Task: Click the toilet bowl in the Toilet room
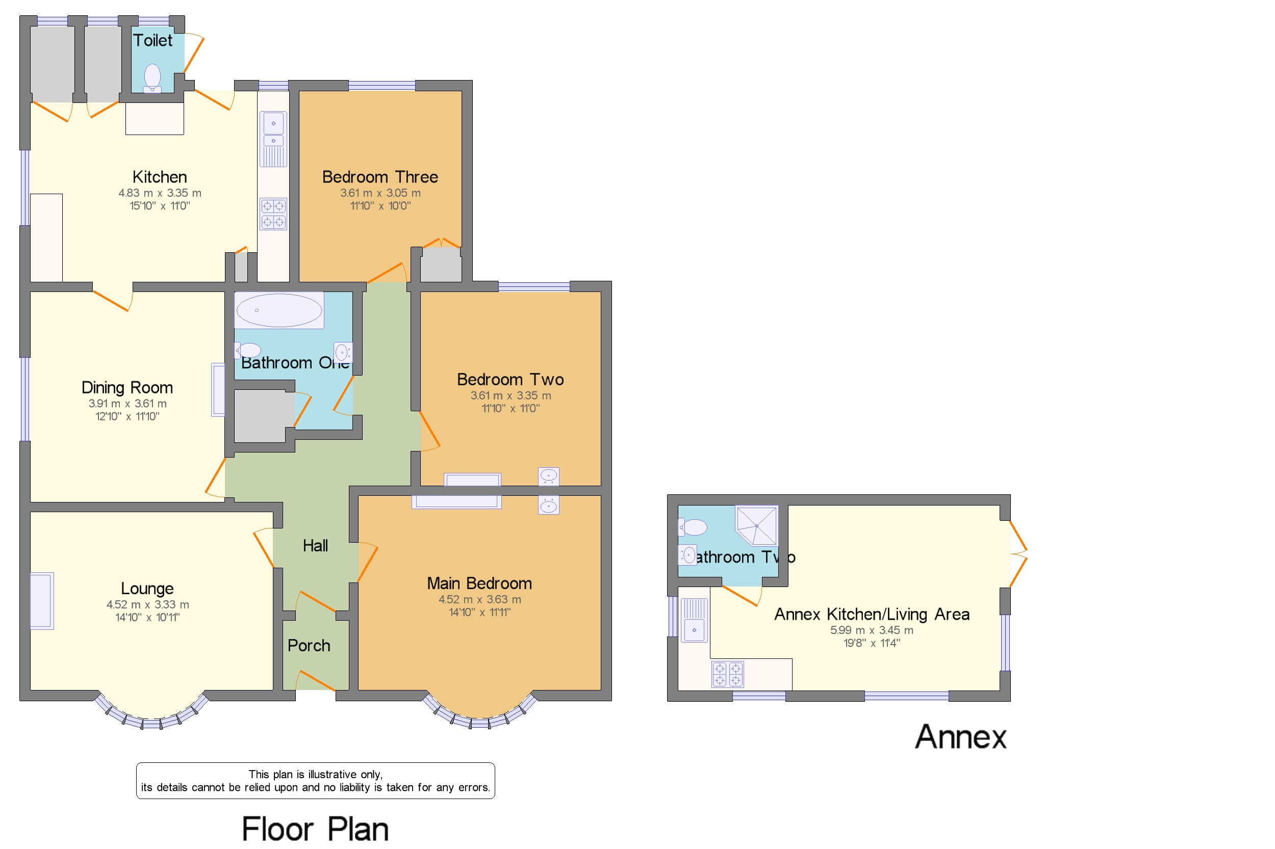coord(152,76)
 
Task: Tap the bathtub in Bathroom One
coord(279,310)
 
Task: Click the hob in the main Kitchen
coord(273,214)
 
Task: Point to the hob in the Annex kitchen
coord(727,674)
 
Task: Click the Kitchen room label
coord(159,176)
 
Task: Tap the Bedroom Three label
coord(380,176)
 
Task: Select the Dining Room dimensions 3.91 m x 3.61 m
coord(127,404)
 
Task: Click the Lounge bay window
coord(151,713)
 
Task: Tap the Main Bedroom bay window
coord(479,713)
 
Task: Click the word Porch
coord(309,645)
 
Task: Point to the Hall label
coord(315,545)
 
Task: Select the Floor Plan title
coord(315,829)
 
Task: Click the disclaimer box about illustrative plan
coord(315,780)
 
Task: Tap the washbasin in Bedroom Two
coord(548,476)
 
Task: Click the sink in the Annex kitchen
coord(694,630)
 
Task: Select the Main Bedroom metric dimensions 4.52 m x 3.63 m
coord(479,599)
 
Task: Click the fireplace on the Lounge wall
coord(42,600)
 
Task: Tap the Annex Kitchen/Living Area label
coord(871,614)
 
